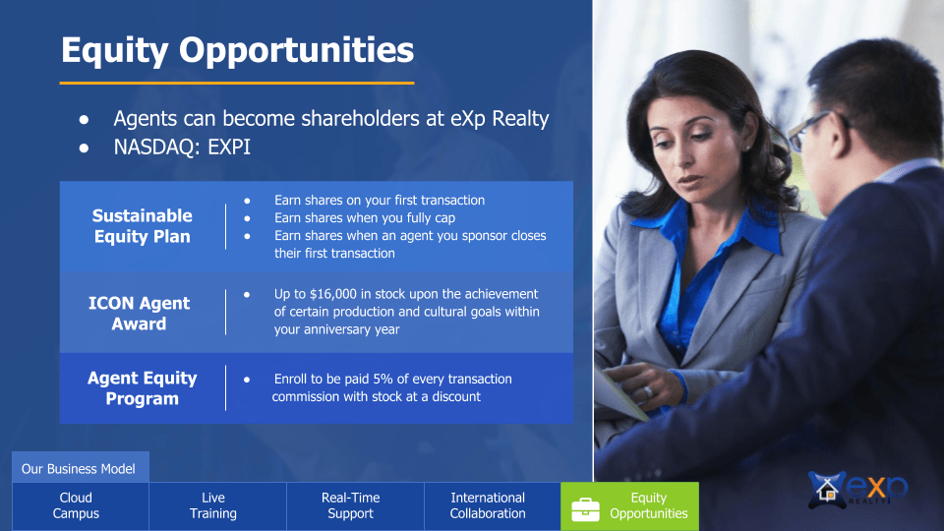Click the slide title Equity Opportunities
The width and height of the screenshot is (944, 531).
coord(237,49)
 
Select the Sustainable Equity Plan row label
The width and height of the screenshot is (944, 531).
coord(143,226)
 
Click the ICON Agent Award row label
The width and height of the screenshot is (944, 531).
coord(139,314)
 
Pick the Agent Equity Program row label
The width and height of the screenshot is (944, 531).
coord(143,388)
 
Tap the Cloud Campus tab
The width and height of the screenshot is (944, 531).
coord(76,505)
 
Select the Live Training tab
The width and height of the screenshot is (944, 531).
coord(213,505)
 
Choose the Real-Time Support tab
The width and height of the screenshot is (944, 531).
coord(350,505)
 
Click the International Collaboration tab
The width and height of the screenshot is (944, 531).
coord(488,505)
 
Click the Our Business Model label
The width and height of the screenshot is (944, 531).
coord(79,468)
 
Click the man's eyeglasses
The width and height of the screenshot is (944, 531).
coord(805,131)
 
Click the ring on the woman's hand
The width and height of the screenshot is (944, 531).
coord(647,390)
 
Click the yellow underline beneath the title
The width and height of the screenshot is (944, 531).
coord(237,83)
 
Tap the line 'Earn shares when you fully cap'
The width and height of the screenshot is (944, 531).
coord(364,217)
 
